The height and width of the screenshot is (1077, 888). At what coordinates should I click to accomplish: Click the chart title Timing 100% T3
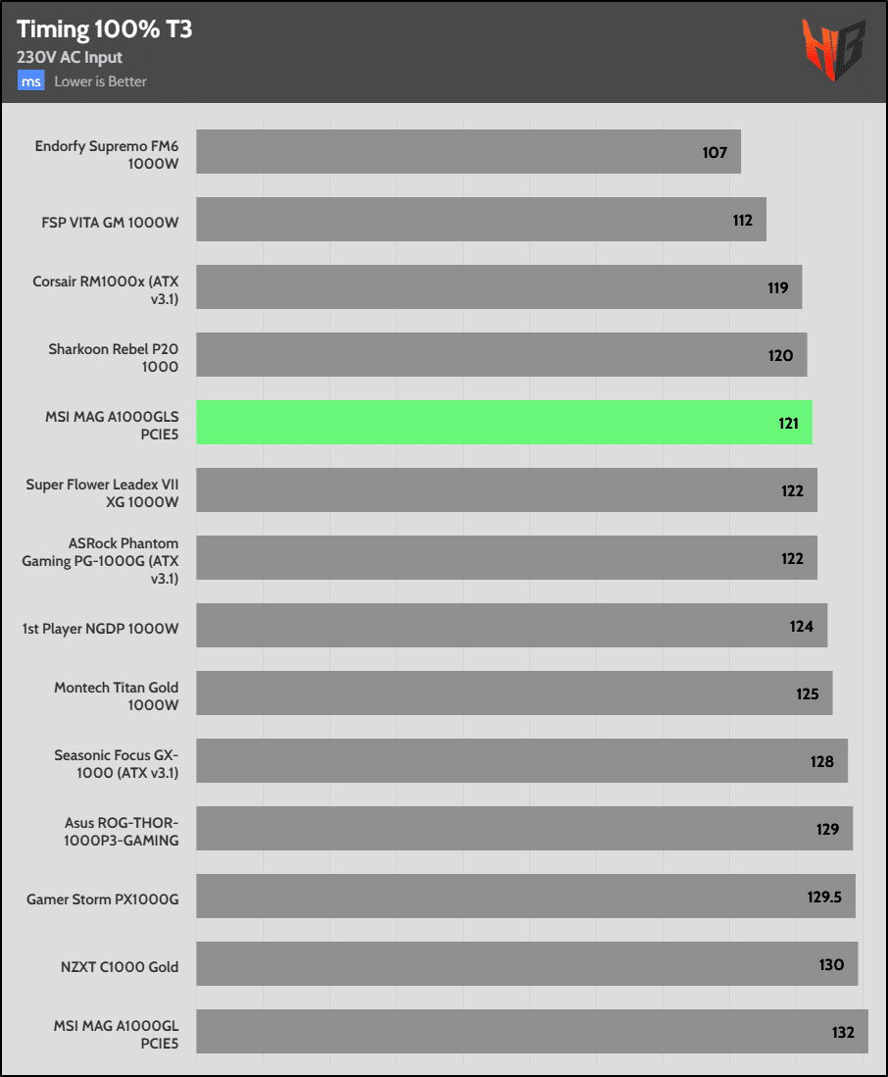(x=104, y=29)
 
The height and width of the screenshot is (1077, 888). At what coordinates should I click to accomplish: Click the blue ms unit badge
(x=31, y=81)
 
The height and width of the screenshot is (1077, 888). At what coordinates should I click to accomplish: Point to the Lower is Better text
(x=100, y=81)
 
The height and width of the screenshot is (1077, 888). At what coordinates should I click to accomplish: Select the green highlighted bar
(x=504, y=423)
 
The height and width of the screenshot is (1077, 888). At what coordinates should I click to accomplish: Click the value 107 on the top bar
(x=715, y=152)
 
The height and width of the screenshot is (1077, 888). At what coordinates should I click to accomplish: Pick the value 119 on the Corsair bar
(x=778, y=288)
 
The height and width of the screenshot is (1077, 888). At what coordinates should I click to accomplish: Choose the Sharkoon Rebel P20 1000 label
(x=113, y=356)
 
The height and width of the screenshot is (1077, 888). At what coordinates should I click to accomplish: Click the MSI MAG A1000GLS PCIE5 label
(x=112, y=424)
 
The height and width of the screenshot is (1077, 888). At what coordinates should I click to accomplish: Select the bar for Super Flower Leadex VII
(x=506, y=490)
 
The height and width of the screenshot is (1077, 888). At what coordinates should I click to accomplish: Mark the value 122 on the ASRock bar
(x=792, y=558)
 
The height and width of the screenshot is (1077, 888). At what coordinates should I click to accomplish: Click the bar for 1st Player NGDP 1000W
(x=512, y=626)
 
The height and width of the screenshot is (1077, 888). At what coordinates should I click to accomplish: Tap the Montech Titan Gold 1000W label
(x=116, y=693)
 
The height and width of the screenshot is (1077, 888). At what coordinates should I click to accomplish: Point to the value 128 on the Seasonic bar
(x=821, y=761)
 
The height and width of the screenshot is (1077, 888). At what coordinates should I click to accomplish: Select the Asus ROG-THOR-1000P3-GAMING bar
(x=524, y=829)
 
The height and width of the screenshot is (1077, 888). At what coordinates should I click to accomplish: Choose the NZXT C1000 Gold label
(x=119, y=966)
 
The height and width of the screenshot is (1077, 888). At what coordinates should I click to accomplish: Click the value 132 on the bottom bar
(x=842, y=1032)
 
